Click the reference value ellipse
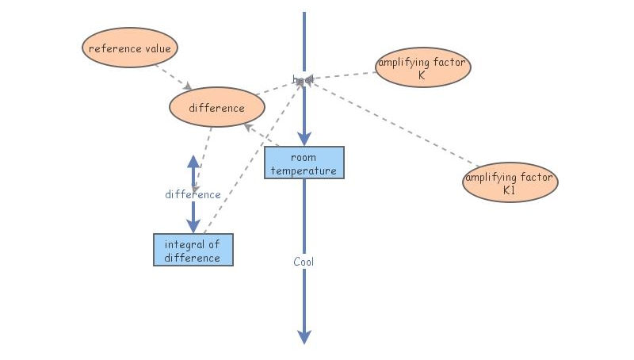tap(130, 48)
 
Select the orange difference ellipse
tap(216, 108)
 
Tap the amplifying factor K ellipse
tap(422, 69)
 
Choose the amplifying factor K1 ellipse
tap(510, 183)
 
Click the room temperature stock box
tap(304, 163)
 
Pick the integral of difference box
tap(193, 250)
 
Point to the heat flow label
tap(304, 79)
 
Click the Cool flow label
tap(304, 261)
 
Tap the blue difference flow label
tap(193, 194)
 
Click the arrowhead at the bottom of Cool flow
tap(304, 337)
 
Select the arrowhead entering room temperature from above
tap(304, 139)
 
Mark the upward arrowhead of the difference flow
tap(193, 161)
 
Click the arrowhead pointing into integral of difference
tap(193, 226)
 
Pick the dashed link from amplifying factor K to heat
tap(341, 76)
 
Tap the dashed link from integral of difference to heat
tap(254, 159)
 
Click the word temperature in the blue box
tap(304, 170)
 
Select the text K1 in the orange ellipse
tap(510, 191)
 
